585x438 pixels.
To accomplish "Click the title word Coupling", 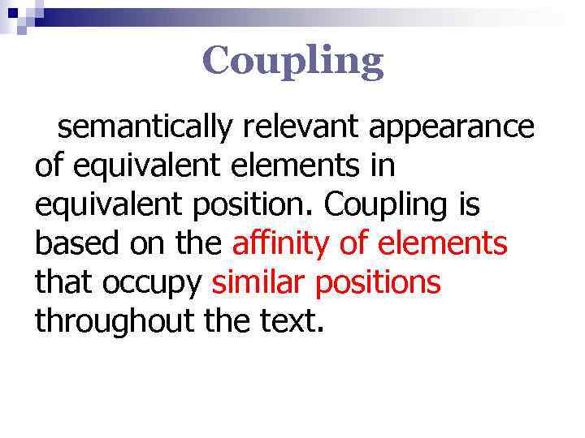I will point(292,61).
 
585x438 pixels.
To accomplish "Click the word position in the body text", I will point(258,206).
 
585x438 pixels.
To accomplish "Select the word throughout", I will point(113,322).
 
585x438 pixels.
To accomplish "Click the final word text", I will point(294,322).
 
